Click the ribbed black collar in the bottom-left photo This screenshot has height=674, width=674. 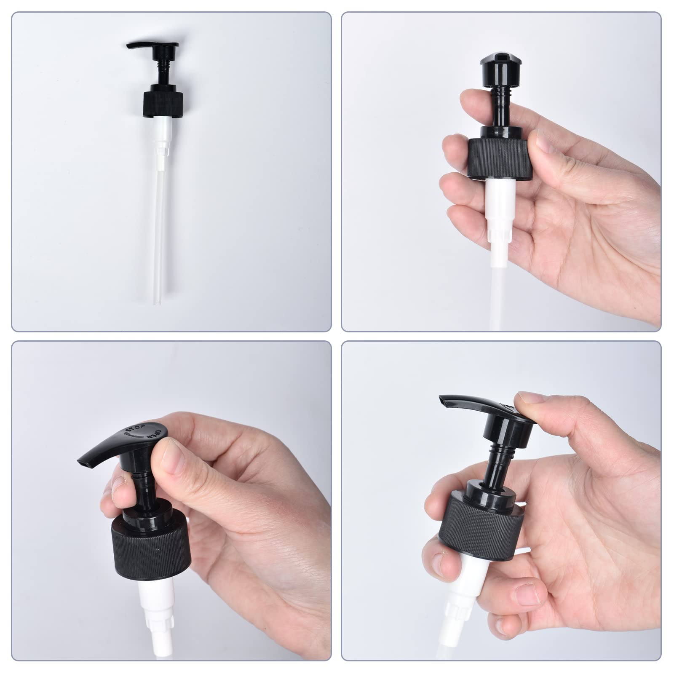tap(150, 543)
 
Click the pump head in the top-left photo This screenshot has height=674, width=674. tap(152, 47)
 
